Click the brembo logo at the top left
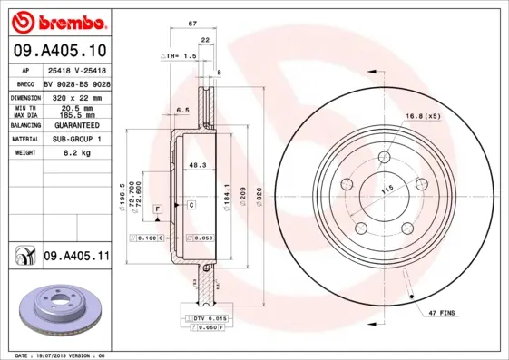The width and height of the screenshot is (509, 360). click(x=60, y=21)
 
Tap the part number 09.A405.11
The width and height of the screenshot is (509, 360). click(x=76, y=258)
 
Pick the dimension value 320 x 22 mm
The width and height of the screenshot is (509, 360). click(x=75, y=96)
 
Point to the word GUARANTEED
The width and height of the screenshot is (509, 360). click(x=75, y=125)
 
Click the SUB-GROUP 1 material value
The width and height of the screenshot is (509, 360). click(x=75, y=140)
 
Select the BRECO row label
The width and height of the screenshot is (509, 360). click(x=25, y=82)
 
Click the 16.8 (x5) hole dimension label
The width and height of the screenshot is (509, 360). click(x=424, y=116)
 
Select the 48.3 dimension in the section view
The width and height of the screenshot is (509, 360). click(x=195, y=165)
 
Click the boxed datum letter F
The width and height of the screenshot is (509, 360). click(x=157, y=209)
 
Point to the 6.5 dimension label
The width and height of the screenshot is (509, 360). click(x=181, y=110)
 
